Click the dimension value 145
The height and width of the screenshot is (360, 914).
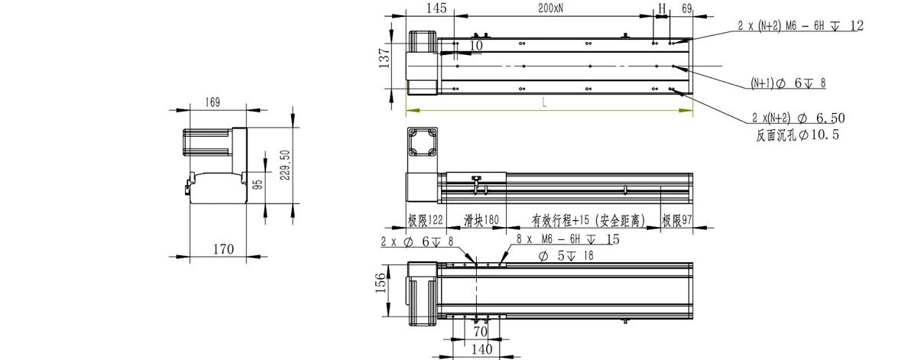tap(436, 8)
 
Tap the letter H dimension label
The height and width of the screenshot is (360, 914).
tap(662, 8)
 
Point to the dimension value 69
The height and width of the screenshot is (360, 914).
tap(686, 8)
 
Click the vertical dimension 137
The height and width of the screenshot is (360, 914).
tap(384, 58)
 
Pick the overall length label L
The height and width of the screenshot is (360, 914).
tap(544, 102)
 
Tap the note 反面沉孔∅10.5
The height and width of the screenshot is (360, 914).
tap(797, 136)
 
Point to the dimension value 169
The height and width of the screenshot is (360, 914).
tap(212, 102)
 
